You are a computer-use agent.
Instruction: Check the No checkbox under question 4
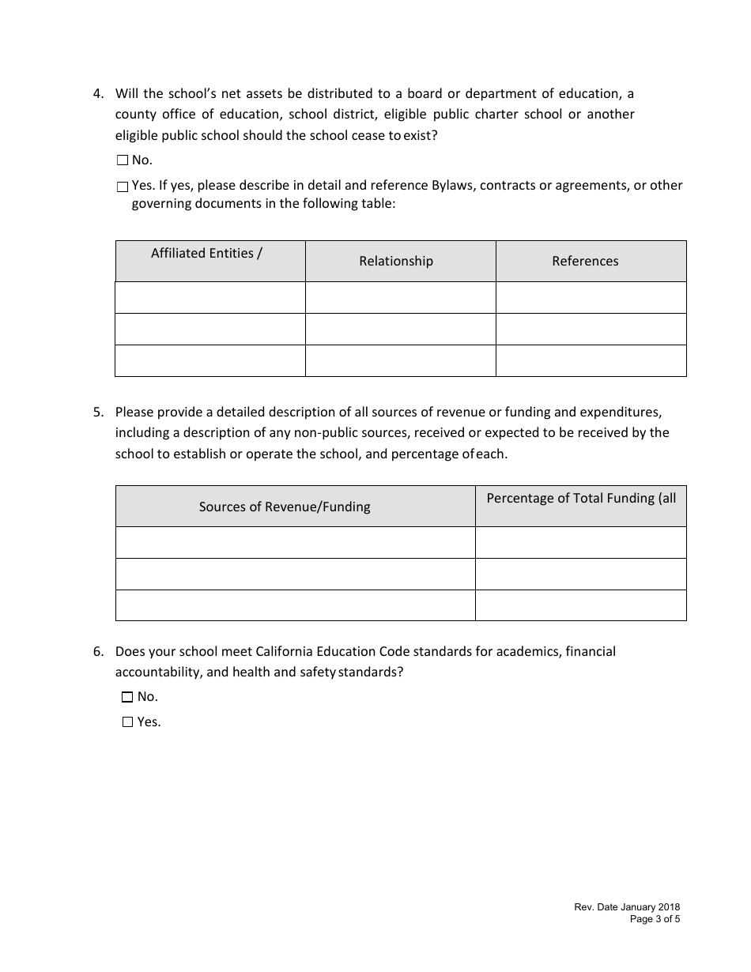pyautogui.click(x=123, y=160)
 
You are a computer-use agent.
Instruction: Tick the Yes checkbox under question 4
pyautogui.click(x=123, y=187)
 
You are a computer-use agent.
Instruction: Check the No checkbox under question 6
pyautogui.click(x=127, y=697)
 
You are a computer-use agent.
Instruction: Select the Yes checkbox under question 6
pyautogui.click(x=127, y=722)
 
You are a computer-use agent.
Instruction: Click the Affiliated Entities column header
pyautogui.click(x=207, y=254)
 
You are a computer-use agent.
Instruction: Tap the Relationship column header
pyautogui.click(x=396, y=261)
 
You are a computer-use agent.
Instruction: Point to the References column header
pyautogui.click(x=585, y=261)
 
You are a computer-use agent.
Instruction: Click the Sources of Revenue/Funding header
pyautogui.click(x=285, y=507)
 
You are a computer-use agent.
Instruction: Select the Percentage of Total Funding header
pyautogui.click(x=581, y=498)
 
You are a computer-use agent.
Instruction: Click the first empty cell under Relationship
pyautogui.click(x=400, y=298)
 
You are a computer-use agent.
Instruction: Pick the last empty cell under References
pyautogui.click(x=591, y=360)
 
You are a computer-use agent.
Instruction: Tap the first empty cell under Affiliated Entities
pyautogui.click(x=210, y=298)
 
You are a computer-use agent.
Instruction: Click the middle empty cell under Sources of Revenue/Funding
pyautogui.click(x=295, y=574)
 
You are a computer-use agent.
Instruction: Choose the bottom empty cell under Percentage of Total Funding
pyautogui.click(x=580, y=605)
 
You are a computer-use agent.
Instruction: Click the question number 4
pyautogui.click(x=98, y=93)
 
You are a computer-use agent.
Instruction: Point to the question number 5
pyautogui.click(x=98, y=412)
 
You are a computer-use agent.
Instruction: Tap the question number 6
pyautogui.click(x=98, y=652)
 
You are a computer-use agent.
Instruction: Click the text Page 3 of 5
pyautogui.click(x=655, y=919)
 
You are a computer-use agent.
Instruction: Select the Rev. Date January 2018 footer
pyautogui.click(x=627, y=908)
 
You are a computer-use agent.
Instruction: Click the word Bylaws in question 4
pyautogui.click(x=453, y=186)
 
